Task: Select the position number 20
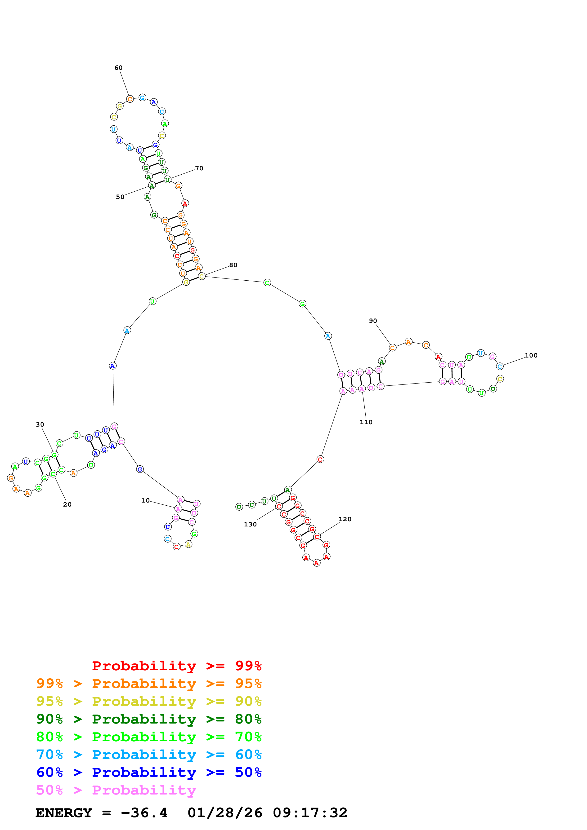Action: point(67,504)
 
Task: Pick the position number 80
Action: point(233,265)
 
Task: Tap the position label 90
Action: point(373,321)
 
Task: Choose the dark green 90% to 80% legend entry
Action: point(149,719)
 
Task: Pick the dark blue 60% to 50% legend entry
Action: point(149,772)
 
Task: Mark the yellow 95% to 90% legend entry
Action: point(149,701)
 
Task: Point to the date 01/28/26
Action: point(225,813)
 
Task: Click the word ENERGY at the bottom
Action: point(64,813)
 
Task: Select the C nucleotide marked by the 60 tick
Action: point(130,99)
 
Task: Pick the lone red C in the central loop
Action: point(320,459)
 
